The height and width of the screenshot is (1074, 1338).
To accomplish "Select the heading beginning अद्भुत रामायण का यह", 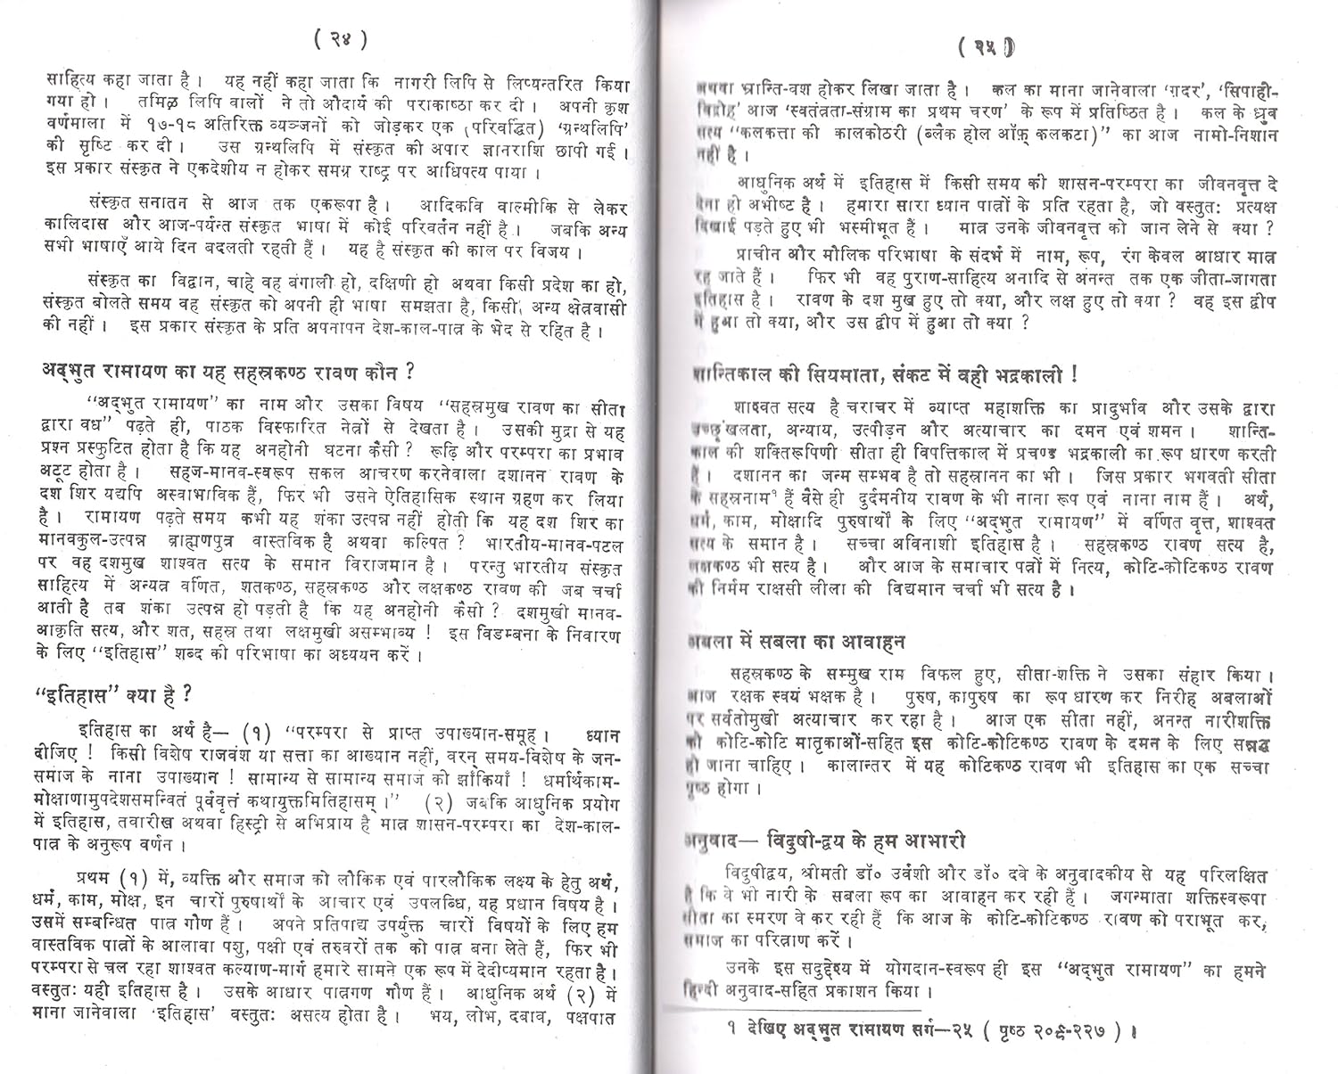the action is [227, 371].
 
